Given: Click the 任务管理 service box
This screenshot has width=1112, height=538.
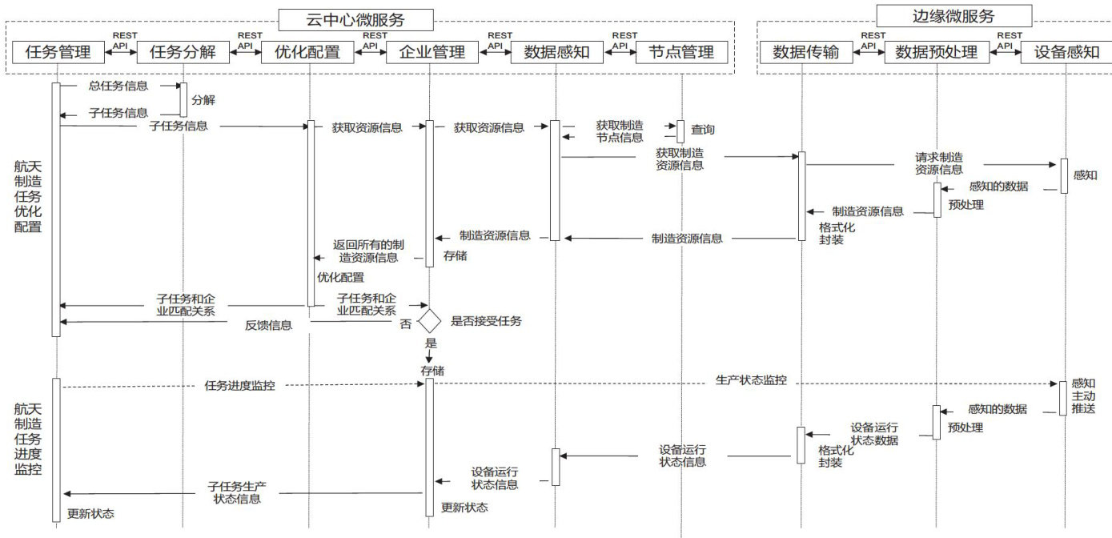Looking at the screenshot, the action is point(58,52).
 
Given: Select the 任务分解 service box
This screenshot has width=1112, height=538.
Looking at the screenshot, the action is point(183,52).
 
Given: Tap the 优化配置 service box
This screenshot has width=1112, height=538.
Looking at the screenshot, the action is point(307,52).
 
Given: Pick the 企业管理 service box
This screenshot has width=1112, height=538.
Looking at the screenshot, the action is point(432,52).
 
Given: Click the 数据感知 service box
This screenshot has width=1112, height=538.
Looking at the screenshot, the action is point(557,52).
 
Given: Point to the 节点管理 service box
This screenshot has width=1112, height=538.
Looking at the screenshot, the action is point(681,52).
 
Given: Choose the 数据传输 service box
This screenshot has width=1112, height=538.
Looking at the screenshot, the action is point(805,52).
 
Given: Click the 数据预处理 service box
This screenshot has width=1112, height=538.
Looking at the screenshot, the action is point(937,52).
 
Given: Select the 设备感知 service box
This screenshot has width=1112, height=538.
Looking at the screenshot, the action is point(1066,52).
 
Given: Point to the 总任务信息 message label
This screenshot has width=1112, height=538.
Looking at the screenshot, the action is point(118,86).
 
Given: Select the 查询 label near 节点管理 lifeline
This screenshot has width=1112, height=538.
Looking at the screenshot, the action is point(703,130).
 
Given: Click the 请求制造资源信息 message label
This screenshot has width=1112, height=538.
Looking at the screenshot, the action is point(939,163).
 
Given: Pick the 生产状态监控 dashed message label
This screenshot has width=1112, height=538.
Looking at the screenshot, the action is point(750,380).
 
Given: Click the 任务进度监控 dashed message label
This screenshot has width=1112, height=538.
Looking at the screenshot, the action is point(240,385).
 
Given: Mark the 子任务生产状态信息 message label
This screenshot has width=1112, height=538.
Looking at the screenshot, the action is point(236,492).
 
